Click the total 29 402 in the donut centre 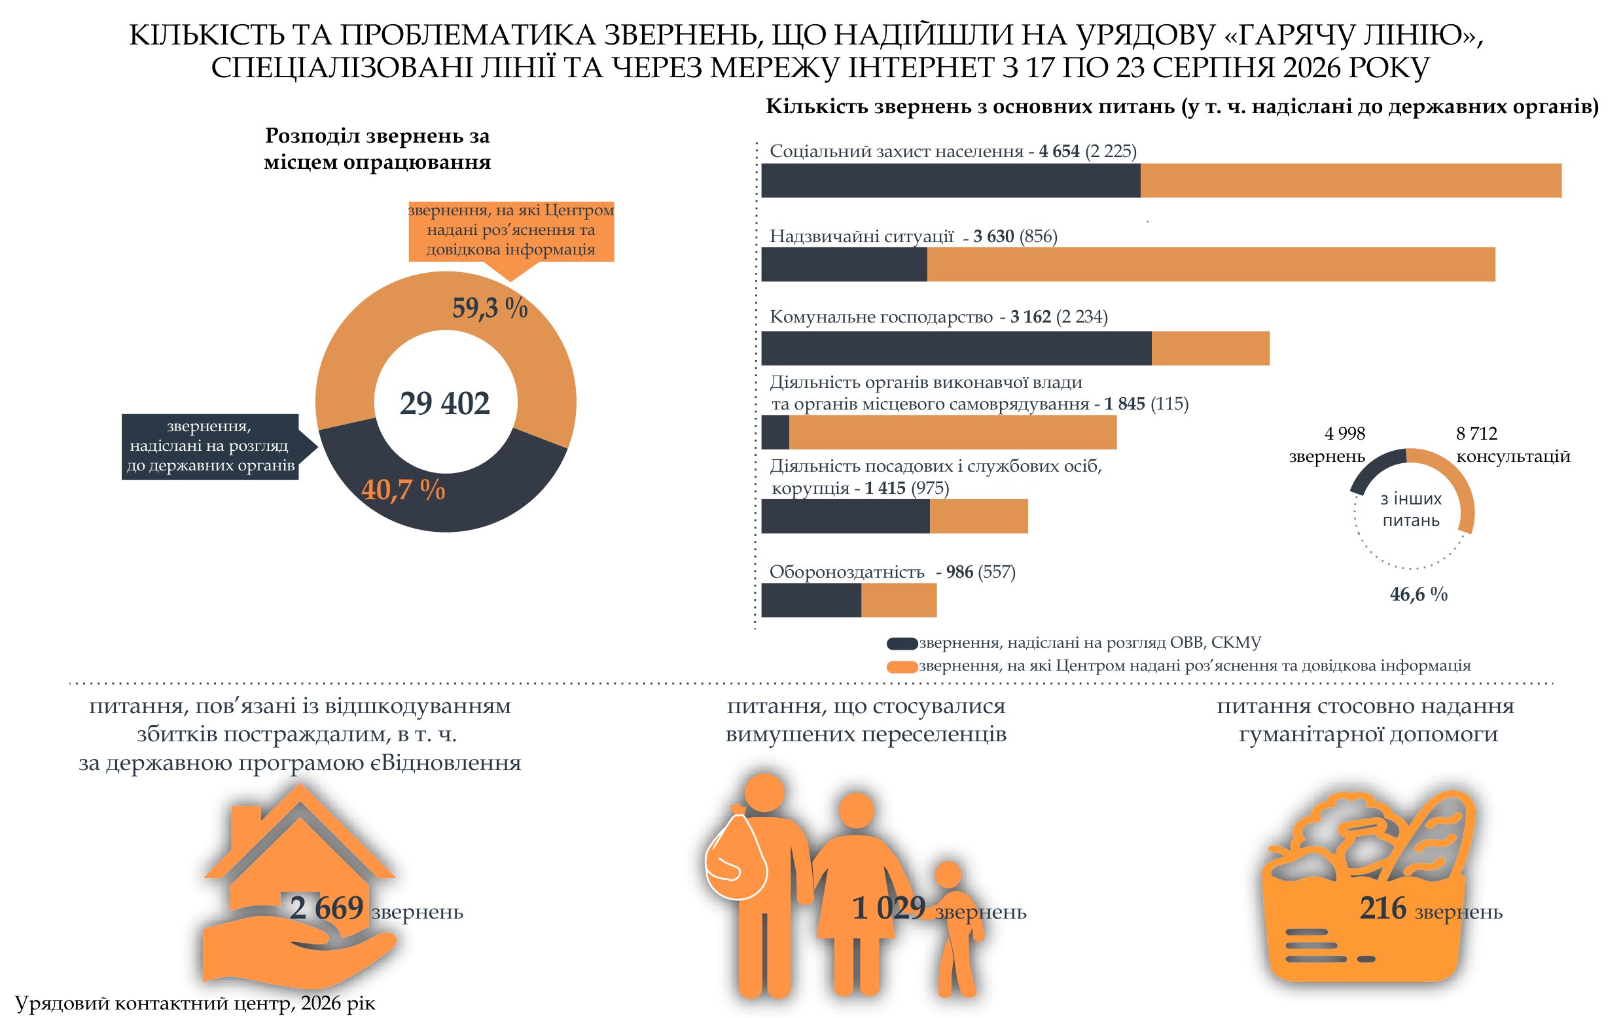pos(444,403)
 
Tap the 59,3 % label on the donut pos(490,307)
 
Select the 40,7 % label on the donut pos(402,489)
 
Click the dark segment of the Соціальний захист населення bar pos(951,181)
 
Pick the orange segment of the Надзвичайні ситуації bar pos(1211,264)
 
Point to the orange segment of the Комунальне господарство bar pos(1210,348)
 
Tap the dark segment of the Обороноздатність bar pos(811,600)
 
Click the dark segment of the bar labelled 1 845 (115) pos(775,432)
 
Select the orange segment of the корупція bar pos(978,516)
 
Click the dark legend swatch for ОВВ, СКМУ pos(902,644)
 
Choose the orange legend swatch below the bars pos(902,667)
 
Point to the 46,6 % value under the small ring pos(1418,595)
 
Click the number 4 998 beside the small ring pos(1345,434)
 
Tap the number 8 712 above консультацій pos(1477,434)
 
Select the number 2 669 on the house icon pos(327,908)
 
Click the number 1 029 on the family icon pos(889,908)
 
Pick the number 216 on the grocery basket pos(1383,908)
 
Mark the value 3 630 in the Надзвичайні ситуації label pos(993,236)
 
